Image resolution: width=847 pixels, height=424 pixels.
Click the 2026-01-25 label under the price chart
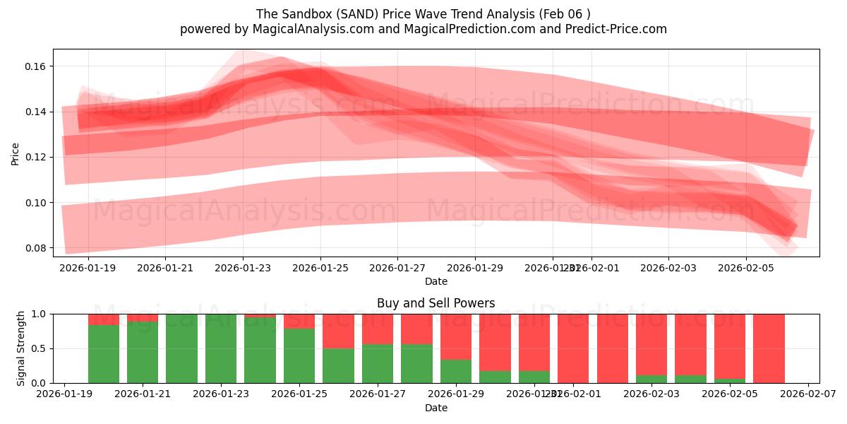tap(320, 269)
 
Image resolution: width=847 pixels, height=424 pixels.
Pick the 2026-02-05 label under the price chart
tap(746, 269)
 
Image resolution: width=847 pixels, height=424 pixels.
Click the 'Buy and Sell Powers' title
tap(435, 303)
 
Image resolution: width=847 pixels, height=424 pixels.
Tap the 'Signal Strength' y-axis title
tap(21, 348)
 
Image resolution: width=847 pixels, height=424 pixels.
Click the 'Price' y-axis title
tap(16, 153)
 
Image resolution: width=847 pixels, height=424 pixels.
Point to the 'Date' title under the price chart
tap(435, 281)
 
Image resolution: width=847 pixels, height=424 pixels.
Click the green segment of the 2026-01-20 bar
tap(104, 353)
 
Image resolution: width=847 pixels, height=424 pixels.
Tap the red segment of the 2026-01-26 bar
tap(338, 331)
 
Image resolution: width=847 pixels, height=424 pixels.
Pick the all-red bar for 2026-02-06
tap(769, 348)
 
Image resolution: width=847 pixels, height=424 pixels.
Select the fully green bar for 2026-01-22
tap(182, 348)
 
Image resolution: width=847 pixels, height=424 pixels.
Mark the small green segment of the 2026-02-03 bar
tap(651, 379)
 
